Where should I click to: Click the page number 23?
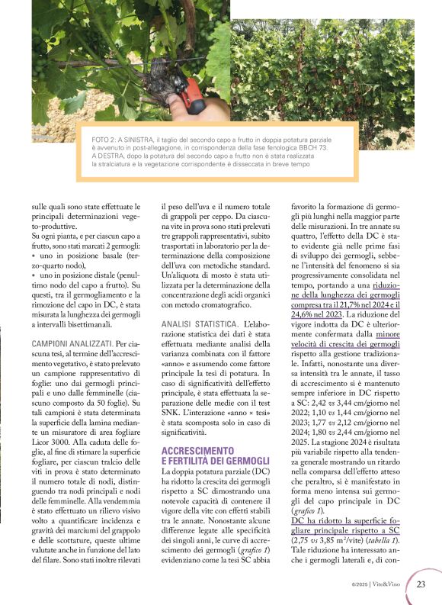click(421, 585)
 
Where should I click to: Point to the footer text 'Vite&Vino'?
click(391, 585)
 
